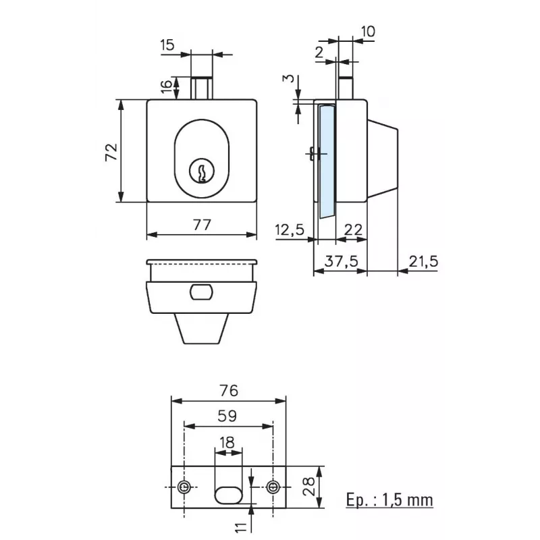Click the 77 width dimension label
point(201,225)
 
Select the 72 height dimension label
point(112,151)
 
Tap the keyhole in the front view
point(201,171)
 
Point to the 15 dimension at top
point(167,45)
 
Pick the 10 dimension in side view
point(368,31)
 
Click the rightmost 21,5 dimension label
point(423,261)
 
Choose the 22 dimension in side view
point(352,230)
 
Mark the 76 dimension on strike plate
point(230,391)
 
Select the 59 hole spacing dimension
point(229,417)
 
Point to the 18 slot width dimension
point(228,443)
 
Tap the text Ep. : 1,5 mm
point(389,500)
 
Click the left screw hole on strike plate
point(184,487)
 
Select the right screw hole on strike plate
point(273,487)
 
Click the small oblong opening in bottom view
point(201,292)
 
